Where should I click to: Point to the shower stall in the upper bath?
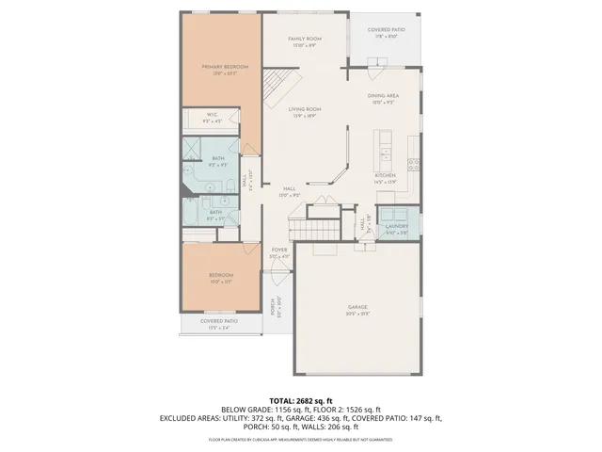[193, 151]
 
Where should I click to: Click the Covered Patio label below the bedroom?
[217, 323]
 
